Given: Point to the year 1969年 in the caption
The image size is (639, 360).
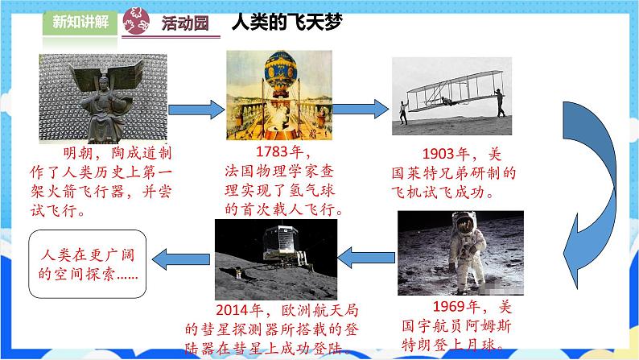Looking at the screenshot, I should [456, 307].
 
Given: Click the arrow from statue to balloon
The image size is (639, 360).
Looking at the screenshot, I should [193, 107].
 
